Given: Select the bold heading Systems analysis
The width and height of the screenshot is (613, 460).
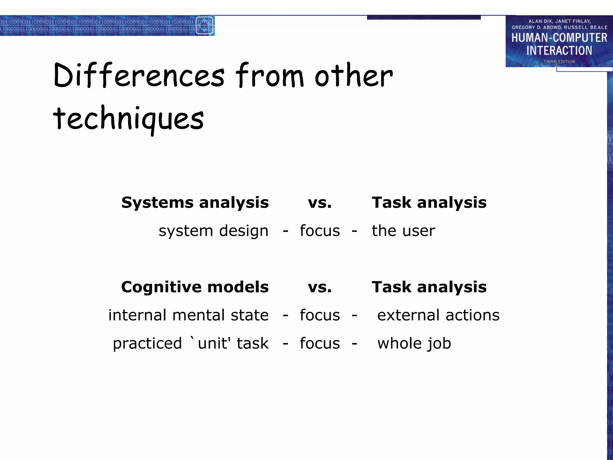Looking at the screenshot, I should click(x=195, y=203).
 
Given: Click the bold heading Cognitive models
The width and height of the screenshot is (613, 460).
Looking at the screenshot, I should click(x=195, y=287).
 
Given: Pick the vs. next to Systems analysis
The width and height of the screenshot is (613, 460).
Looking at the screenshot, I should click(x=320, y=203).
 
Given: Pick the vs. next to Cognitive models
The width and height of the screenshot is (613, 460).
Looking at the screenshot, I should click(x=320, y=287).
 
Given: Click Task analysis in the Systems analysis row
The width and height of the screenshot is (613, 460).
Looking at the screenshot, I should click(x=429, y=203).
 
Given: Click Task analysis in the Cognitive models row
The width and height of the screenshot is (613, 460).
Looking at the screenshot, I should click(x=429, y=287).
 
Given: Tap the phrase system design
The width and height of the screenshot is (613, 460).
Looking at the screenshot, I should click(x=213, y=231).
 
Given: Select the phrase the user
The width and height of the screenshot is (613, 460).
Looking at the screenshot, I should click(x=403, y=231).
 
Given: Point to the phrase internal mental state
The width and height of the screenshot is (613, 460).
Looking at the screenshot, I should click(x=188, y=315).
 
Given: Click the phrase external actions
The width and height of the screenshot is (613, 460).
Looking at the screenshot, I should click(x=438, y=315).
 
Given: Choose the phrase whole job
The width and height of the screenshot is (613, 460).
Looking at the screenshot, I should click(x=414, y=344).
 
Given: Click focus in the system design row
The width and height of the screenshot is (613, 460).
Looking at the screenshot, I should click(x=320, y=231).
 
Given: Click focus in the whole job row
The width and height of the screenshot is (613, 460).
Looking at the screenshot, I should click(x=320, y=344).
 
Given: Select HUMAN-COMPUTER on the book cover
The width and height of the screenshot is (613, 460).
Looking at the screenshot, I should click(x=559, y=38).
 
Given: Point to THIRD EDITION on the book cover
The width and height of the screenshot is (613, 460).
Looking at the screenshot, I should click(x=559, y=62).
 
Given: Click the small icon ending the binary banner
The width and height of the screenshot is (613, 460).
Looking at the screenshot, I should click(x=204, y=25).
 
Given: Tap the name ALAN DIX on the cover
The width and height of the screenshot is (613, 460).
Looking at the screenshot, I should click(x=541, y=21).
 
